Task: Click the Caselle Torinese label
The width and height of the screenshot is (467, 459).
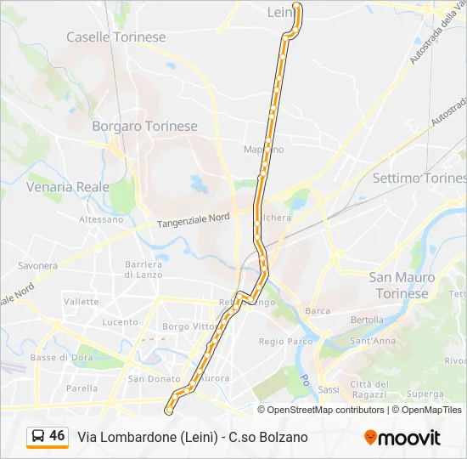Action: tap(115, 37)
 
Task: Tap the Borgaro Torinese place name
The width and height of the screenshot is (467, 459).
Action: tap(144, 126)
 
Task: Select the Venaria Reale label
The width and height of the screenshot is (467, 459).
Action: tap(68, 186)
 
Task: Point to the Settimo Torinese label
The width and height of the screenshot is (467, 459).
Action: tap(419, 178)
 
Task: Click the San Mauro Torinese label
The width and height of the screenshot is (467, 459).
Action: tap(402, 285)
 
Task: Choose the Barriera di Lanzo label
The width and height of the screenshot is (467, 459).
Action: tap(143, 269)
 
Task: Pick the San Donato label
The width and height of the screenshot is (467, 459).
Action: tap(149, 378)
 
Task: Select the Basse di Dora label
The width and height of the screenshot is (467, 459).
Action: tap(55, 357)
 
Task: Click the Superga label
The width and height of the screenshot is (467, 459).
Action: tap(425, 394)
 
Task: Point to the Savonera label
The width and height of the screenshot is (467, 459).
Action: tap(37, 265)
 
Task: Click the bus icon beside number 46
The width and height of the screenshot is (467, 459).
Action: tap(38, 436)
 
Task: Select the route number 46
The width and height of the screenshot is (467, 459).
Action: tap(57, 436)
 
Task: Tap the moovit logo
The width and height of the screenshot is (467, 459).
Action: tap(402, 437)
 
